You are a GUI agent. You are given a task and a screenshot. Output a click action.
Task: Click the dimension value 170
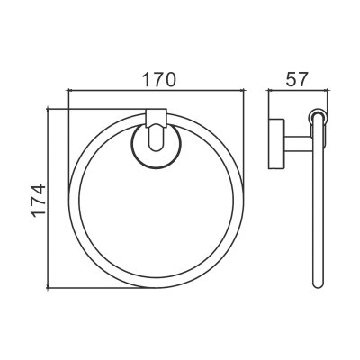tap(158, 79)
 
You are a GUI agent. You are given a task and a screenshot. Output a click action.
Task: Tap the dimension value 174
tap(39, 200)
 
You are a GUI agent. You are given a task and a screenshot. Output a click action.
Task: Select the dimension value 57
tap(297, 79)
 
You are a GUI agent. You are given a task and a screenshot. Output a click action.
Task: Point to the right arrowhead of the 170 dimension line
tap(243, 89)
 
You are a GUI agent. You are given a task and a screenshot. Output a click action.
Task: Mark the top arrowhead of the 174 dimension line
tap(48, 111)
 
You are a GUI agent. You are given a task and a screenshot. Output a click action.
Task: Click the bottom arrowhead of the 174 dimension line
tap(48, 287)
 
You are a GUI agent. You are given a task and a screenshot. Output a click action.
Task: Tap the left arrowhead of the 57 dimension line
tap(270, 89)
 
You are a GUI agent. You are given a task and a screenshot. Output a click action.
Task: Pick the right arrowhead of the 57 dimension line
tap(327, 89)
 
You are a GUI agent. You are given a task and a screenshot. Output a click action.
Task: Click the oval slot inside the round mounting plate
tap(156, 138)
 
